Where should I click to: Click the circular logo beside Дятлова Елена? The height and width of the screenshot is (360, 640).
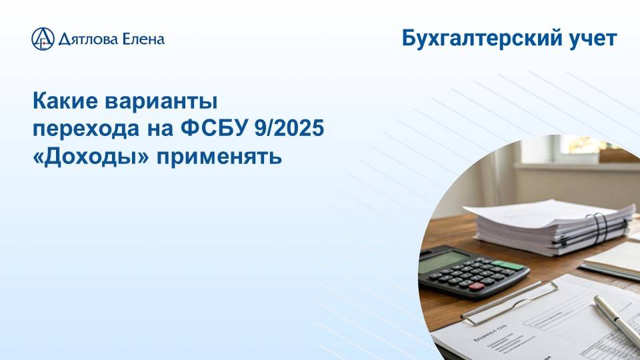pyautogui.click(x=43, y=39)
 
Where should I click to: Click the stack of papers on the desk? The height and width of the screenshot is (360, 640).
pyautogui.click(x=547, y=227)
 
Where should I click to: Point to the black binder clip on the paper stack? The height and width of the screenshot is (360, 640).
pyautogui.click(x=600, y=230)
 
